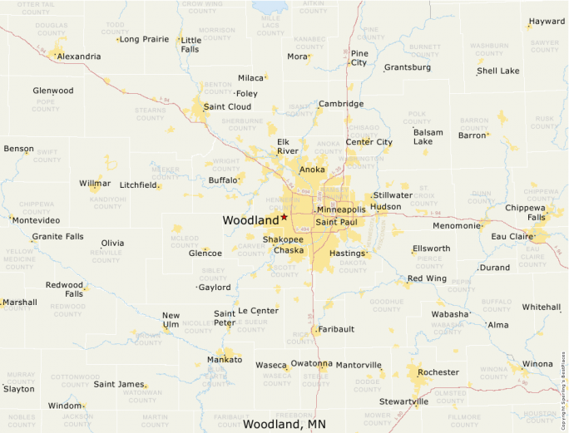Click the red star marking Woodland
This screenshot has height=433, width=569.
click(x=284, y=216)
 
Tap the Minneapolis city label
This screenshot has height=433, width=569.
click(x=341, y=209)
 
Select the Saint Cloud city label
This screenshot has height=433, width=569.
click(x=227, y=106)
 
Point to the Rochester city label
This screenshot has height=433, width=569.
click(x=438, y=372)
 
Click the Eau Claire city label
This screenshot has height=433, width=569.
click(x=512, y=237)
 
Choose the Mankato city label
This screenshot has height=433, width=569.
click(x=224, y=360)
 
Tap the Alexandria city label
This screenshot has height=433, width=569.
click(x=79, y=57)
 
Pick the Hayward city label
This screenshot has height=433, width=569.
click(x=547, y=22)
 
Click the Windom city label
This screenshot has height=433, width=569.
click(x=65, y=406)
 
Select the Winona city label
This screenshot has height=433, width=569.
click(x=537, y=364)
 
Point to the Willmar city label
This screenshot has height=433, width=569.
click(x=95, y=183)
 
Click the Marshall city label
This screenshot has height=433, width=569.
click(x=20, y=303)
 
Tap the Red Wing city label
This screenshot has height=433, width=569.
click(x=427, y=278)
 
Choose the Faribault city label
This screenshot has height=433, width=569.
click(x=337, y=329)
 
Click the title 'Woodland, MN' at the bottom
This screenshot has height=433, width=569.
click(x=284, y=424)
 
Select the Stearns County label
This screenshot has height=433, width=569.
click(x=151, y=113)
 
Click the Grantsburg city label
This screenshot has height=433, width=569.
click(x=408, y=67)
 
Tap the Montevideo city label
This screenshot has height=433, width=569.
click(x=35, y=220)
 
